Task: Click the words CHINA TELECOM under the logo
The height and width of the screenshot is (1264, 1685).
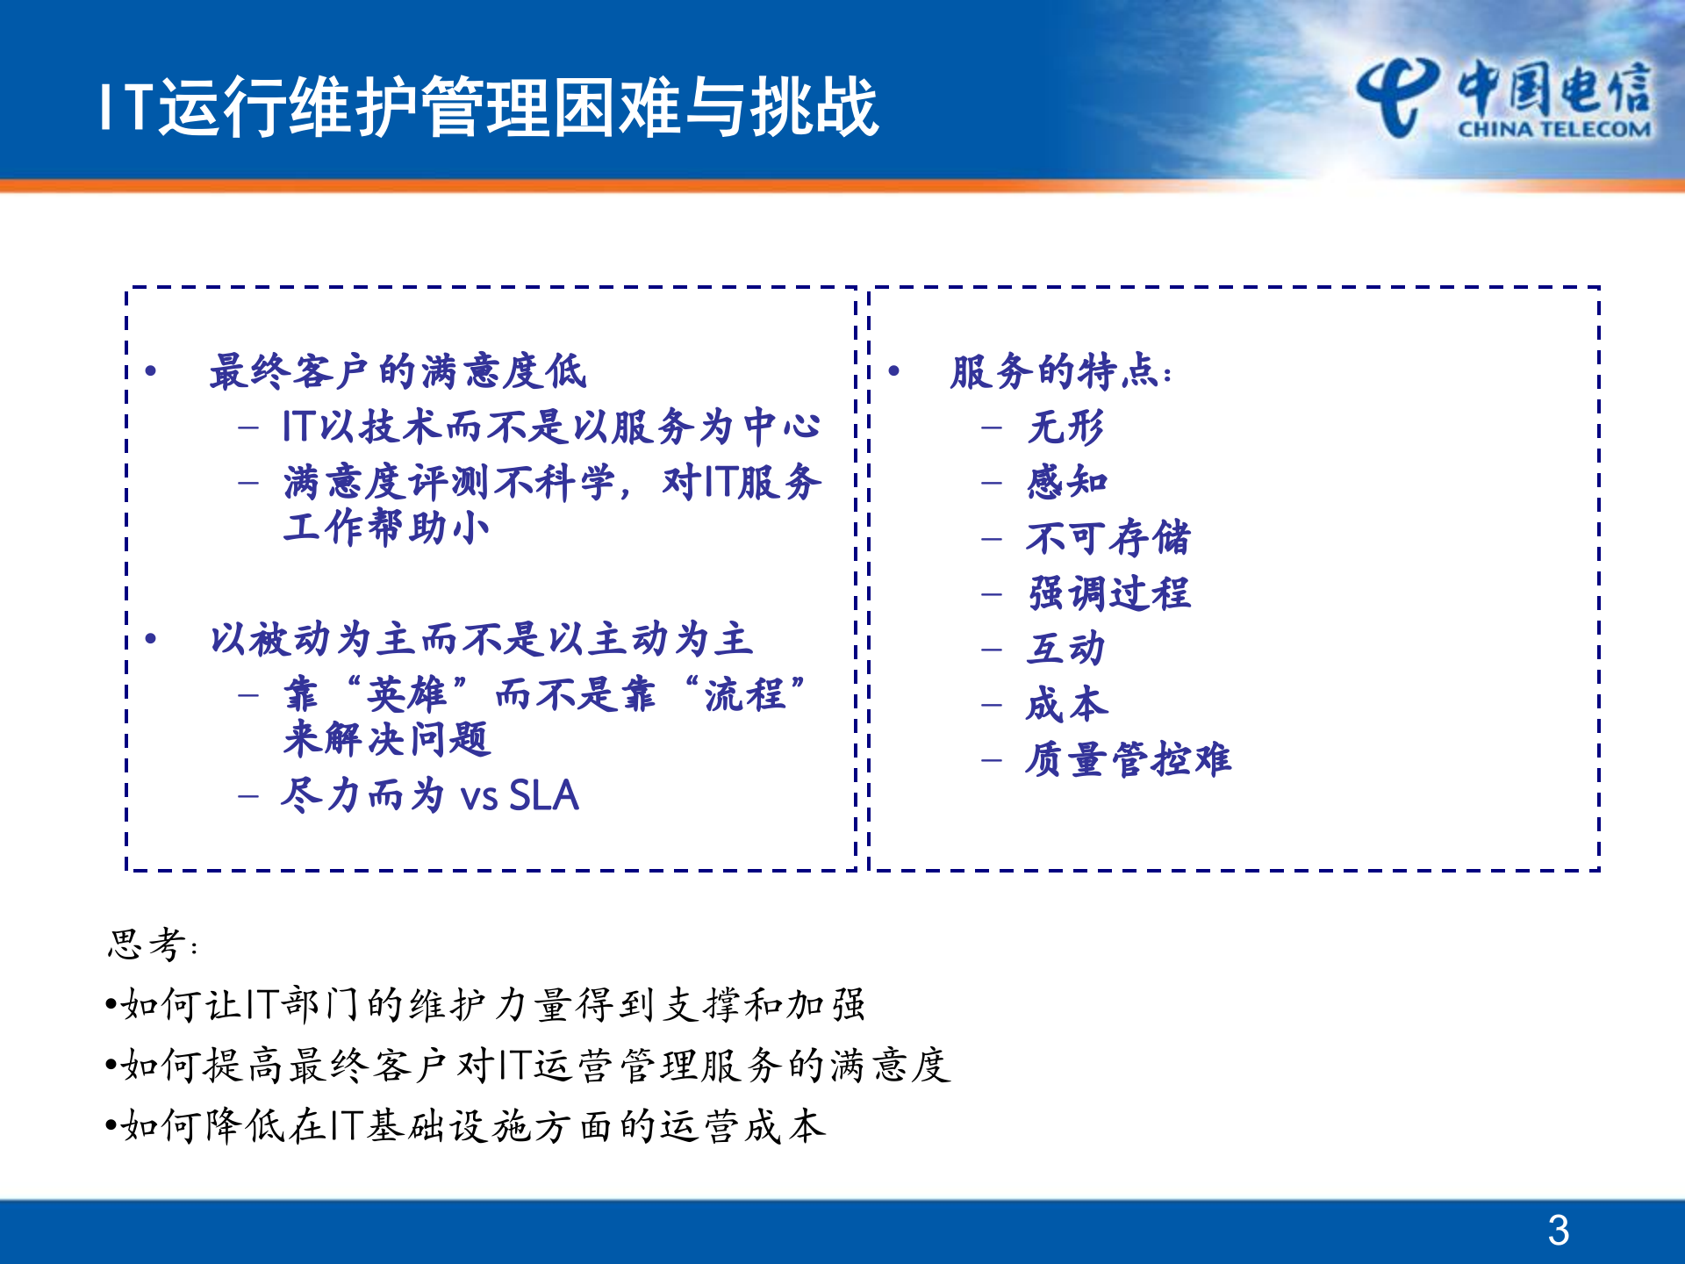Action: click(1553, 129)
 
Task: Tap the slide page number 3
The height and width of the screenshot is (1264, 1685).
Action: click(1558, 1230)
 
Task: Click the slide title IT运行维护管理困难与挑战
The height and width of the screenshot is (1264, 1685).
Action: click(489, 107)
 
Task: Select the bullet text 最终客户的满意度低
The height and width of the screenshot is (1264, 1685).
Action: click(398, 371)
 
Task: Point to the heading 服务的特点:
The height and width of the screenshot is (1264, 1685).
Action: click(1060, 371)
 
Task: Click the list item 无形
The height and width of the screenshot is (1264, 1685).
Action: click(1065, 427)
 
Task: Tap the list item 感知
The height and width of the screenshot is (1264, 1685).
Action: click(1067, 482)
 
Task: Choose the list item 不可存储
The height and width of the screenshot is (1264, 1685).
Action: click(1108, 537)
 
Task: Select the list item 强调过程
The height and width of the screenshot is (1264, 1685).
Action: click(1108, 592)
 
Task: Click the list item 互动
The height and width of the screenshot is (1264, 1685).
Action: click(1065, 649)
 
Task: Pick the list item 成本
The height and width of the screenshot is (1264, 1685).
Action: click(1067, 704)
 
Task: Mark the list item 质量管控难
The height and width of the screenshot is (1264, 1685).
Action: click(1129, 759)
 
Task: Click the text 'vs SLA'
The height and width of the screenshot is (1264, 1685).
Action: click(520, 795)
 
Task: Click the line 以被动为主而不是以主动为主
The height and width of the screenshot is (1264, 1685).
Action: click(481, 639)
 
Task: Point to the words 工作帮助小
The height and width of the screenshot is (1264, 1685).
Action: click(386, 528)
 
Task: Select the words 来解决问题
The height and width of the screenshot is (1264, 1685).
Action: click(386, 739)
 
